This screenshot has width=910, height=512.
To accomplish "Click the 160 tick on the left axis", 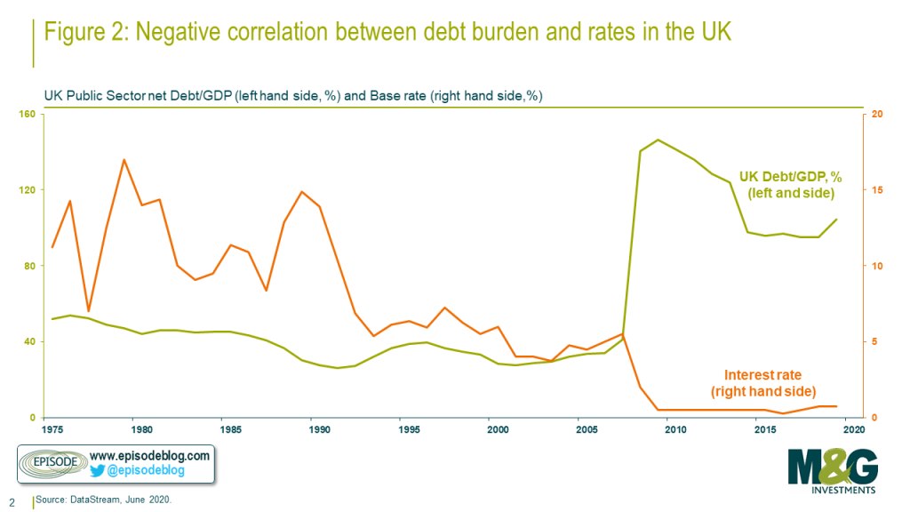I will coord(28,114).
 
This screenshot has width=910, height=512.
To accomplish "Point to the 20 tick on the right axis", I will coord(878,114).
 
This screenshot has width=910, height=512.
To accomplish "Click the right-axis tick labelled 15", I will coord(878,190).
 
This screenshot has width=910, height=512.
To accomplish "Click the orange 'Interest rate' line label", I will coord(763,374).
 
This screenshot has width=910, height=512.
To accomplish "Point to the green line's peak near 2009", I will coord(658,140).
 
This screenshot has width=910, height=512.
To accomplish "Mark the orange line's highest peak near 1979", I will coord(124,160).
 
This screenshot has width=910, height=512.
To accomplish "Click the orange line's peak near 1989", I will coord(302,192).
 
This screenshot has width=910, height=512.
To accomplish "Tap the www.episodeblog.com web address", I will coord(149,455).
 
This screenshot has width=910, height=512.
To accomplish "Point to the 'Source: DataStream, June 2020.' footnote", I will coord(103,501).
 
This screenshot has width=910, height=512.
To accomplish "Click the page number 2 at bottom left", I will coord(12,501).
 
